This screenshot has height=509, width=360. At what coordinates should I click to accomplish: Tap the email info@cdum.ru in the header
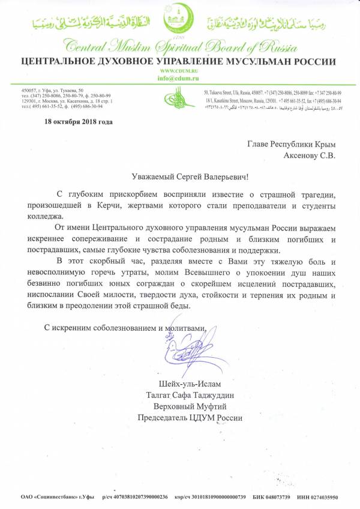[x=179, y=79]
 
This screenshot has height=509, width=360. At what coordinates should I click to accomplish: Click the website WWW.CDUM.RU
[x=179, y=71]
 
